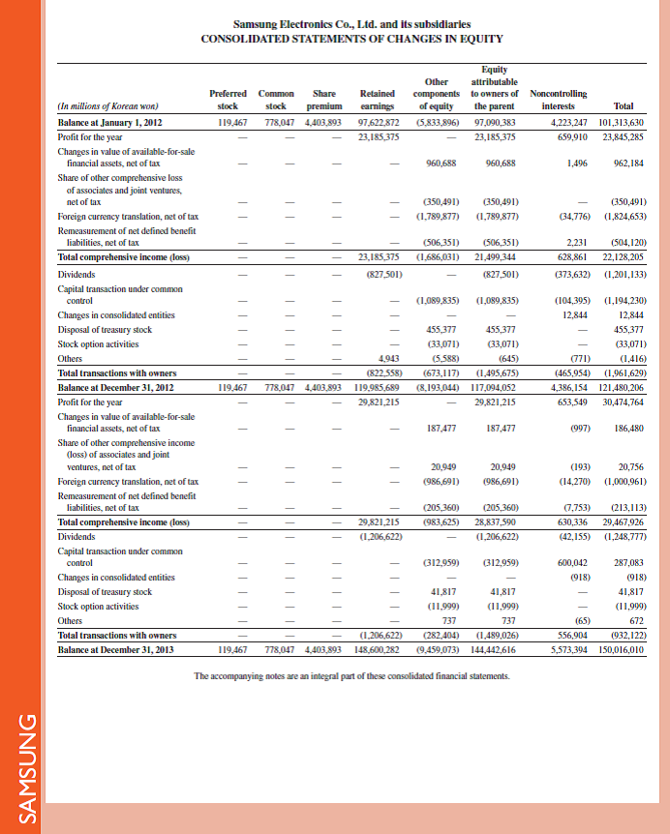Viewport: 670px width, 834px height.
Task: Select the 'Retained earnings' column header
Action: (x=376, y=100)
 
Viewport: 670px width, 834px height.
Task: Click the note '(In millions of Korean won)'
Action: (x=108, y=106)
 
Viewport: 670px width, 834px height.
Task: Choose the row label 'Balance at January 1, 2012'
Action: (x=113, y=123)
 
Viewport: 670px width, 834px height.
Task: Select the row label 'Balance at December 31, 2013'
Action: (x=116, y=649)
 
